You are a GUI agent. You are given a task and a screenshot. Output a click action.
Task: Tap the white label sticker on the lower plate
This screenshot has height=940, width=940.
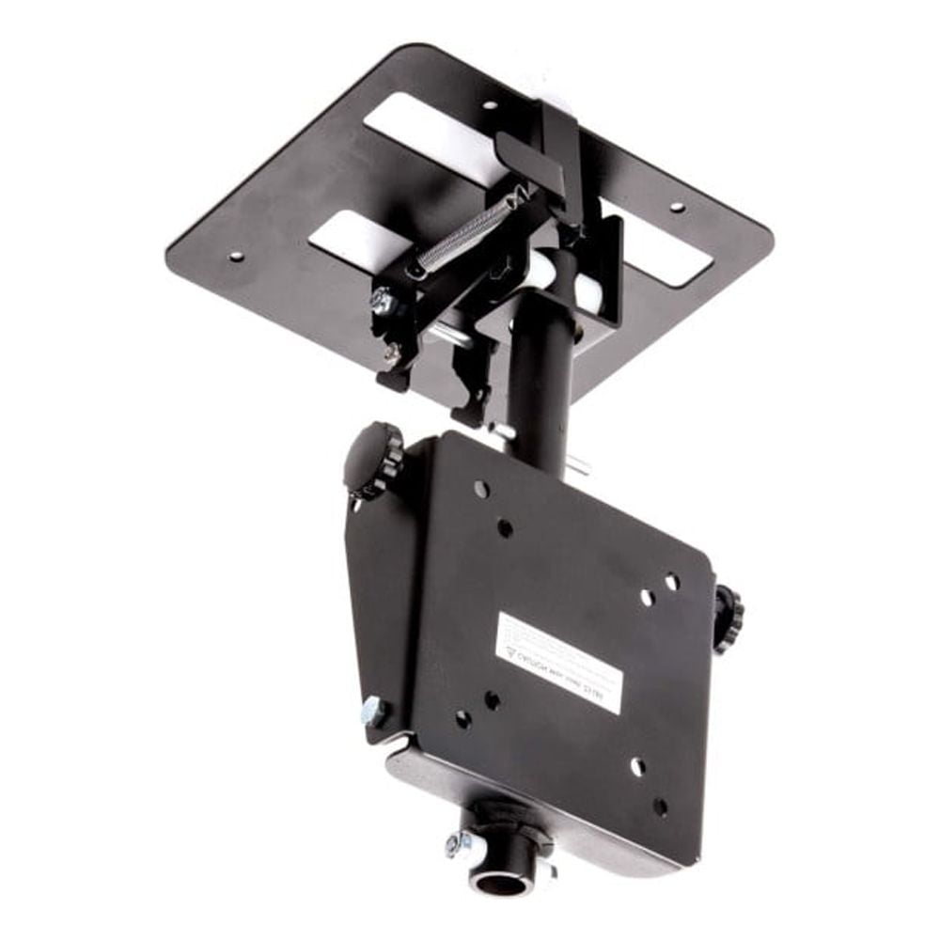pyautogui.click(x=558, y=662)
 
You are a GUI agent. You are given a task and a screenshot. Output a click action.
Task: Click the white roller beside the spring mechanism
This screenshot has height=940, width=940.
pyautogui.click(x=544, y=272)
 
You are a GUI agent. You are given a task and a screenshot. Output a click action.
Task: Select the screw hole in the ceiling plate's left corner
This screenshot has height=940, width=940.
pyautogui.click(x=235, y=256)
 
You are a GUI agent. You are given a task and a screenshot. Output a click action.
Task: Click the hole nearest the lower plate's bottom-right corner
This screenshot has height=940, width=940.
pyautogui.click(x=660, y=807)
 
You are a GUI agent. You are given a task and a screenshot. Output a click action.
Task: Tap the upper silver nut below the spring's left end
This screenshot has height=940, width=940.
pyautogui.click(x=383, y=303)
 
